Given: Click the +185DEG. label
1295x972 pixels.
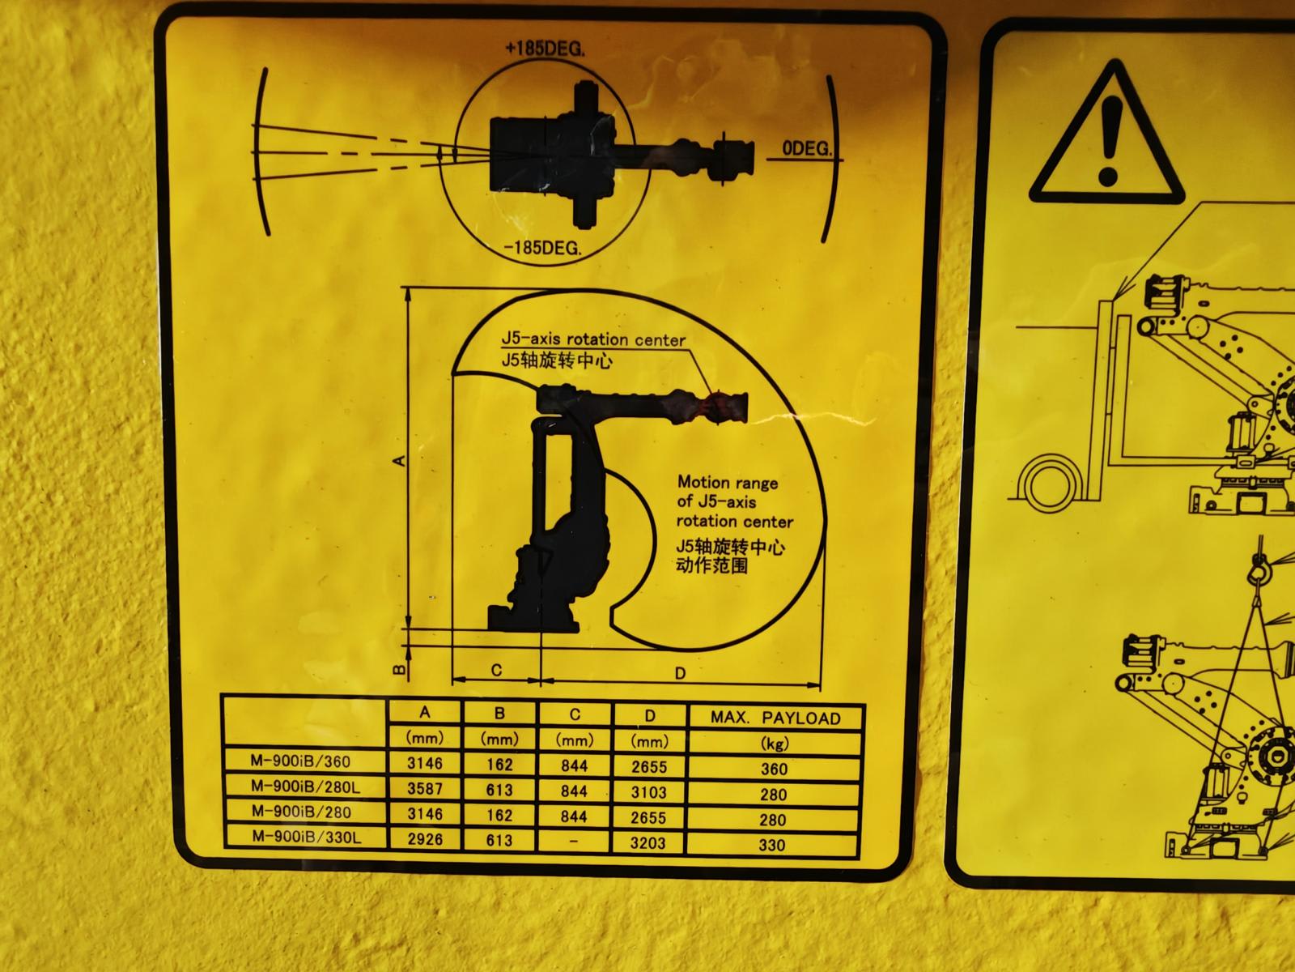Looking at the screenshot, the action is (545, 49).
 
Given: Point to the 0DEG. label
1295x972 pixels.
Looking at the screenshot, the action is (806, 148).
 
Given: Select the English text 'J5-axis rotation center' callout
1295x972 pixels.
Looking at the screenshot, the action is (593, 339).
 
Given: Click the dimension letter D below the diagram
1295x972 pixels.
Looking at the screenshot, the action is (680, 673).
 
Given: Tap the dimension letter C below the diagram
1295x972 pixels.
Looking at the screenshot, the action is (496, 670).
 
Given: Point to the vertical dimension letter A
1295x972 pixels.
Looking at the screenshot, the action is (399, 460).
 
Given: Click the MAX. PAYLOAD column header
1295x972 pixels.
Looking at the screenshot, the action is (775, 718).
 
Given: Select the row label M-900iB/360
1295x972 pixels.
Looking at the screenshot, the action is (300, 761).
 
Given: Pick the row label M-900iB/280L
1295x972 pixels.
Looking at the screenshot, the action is (305, 786).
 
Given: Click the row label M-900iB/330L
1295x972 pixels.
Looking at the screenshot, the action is (306, 836).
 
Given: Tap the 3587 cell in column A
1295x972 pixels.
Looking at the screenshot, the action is (425, 788).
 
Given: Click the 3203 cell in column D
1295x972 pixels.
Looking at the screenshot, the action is (647, 842).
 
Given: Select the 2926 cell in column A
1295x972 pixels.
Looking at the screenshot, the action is (425, 838).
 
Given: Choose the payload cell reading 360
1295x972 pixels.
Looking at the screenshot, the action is (774, 769).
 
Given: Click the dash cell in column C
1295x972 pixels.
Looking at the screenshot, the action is (574, 841).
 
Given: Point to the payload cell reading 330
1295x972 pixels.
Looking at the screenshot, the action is (771, 845).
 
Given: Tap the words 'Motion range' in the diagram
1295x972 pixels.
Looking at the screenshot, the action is (728, 482).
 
